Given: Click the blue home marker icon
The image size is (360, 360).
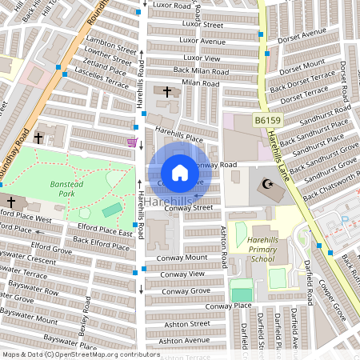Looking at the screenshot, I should (x=180, y=173).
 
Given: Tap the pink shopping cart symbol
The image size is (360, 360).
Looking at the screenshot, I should (x=131, y=142).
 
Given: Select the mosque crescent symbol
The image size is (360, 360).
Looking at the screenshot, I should (x=266, y=186).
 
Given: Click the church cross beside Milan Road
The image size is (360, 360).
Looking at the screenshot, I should (x=167, y=93).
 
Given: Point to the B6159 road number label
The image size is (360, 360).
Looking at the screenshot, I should (x=268, y=120).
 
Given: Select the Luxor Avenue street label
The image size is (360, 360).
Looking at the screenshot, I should (x=203, y=41).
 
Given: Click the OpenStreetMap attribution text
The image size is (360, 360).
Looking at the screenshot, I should (x=80, y=354).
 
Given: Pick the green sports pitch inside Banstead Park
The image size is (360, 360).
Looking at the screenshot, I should (x=113, y=210).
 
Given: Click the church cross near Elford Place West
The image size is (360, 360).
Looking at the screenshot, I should (x=10, y=202).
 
